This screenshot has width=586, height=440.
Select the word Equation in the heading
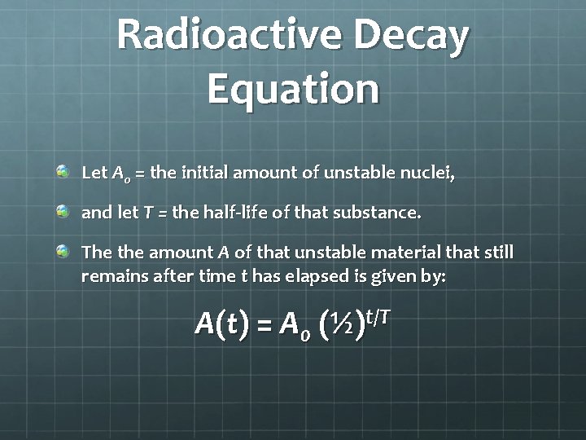[x=293, y=88]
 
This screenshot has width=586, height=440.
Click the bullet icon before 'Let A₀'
[x=63, y=172]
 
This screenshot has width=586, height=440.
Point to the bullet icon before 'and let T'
[x=63, y=212]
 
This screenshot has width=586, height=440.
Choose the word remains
[x=112, y=276]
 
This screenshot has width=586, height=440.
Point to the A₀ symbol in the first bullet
[x=120, y=174]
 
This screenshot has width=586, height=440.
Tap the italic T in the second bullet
[x=147, y=213]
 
